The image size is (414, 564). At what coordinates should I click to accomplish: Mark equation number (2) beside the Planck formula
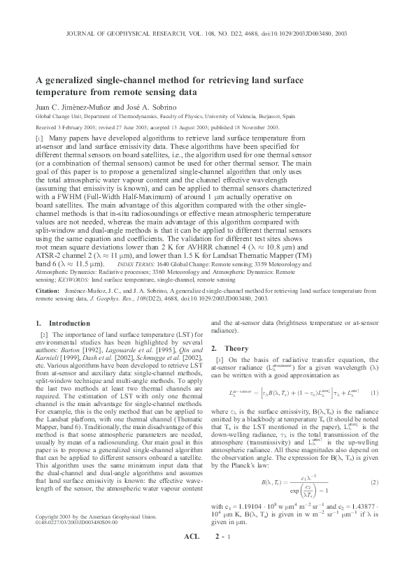coord(374,482)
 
